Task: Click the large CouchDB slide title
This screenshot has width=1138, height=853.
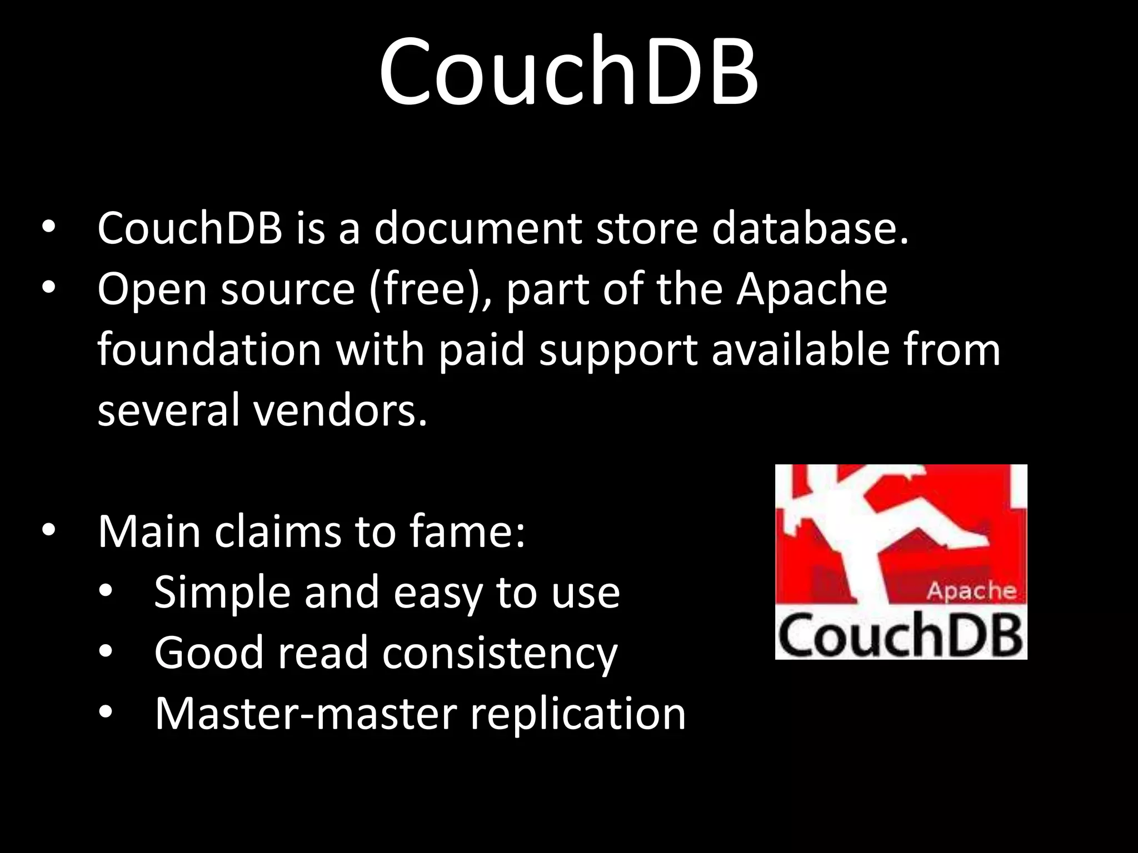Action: click(568, 71)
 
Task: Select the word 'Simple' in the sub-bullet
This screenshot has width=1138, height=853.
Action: click(222, 593)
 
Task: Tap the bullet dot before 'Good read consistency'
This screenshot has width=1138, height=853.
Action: click(106, 651)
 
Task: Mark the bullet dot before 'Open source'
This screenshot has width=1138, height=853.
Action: click(48, 288)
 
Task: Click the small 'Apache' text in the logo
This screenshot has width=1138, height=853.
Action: click(971, 590)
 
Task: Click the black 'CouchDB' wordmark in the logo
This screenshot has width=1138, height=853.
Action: click(900, 635)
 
